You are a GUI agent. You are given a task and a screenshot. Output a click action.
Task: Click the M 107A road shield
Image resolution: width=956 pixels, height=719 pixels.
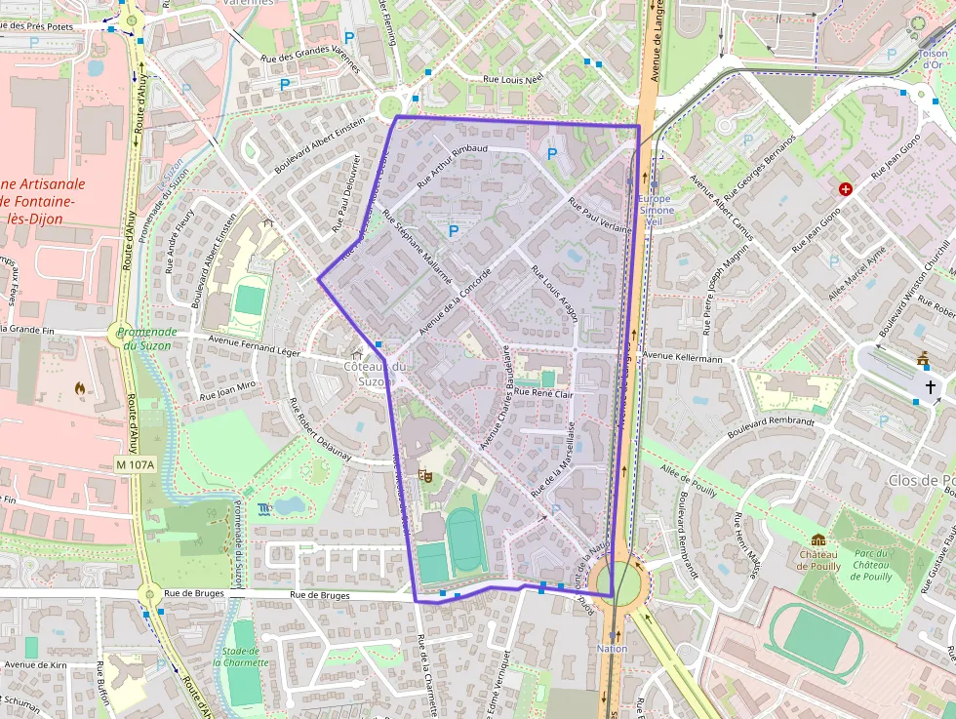point(135,464)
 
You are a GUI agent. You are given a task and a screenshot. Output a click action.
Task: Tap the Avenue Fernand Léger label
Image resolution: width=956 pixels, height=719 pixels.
point(239,343)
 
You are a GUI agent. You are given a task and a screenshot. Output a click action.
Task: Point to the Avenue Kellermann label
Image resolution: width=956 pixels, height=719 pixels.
point(683,358)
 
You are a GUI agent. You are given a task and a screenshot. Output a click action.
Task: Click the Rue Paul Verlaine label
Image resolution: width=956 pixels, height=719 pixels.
point(596,211)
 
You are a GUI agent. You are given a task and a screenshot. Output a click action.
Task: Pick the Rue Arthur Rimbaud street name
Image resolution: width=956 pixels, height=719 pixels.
point(452,166)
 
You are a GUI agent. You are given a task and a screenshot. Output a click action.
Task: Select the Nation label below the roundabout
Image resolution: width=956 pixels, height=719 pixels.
point(612,648)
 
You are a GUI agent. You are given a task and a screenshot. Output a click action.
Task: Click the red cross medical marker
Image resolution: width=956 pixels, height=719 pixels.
point(845,188)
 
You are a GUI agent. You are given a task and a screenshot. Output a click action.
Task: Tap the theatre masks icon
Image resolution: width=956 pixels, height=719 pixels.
point(424,475)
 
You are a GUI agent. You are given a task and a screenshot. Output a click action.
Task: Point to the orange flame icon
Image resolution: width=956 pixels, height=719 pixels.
point(79,387)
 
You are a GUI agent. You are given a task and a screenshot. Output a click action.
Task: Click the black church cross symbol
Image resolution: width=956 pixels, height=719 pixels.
point(931,388)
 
